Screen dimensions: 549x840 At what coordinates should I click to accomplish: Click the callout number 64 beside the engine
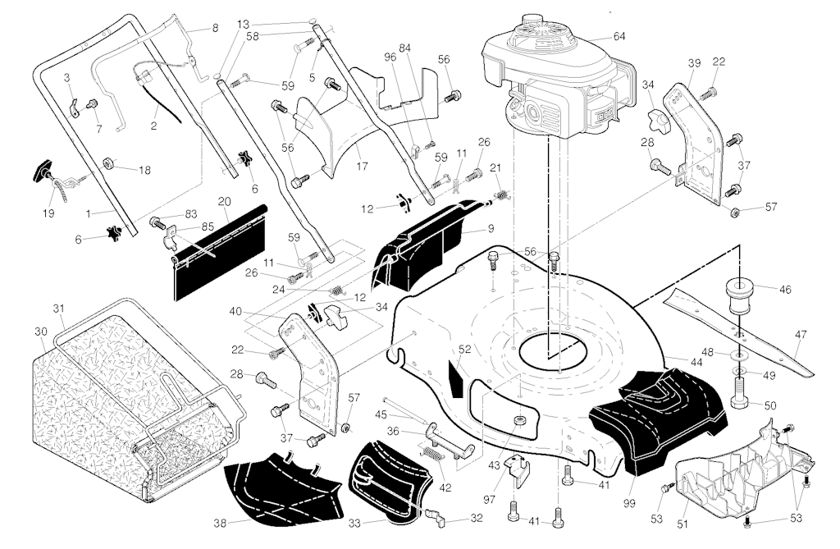click(619, 36)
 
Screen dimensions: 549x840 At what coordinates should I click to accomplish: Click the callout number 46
click(785, 290)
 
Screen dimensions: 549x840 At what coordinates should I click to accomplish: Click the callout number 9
click(491, 228)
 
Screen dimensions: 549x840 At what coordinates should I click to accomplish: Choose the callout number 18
click(145, 171)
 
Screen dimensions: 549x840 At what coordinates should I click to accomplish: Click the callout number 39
click(695, 64)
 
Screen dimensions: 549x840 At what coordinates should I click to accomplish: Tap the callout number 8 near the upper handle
click(215, 28)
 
